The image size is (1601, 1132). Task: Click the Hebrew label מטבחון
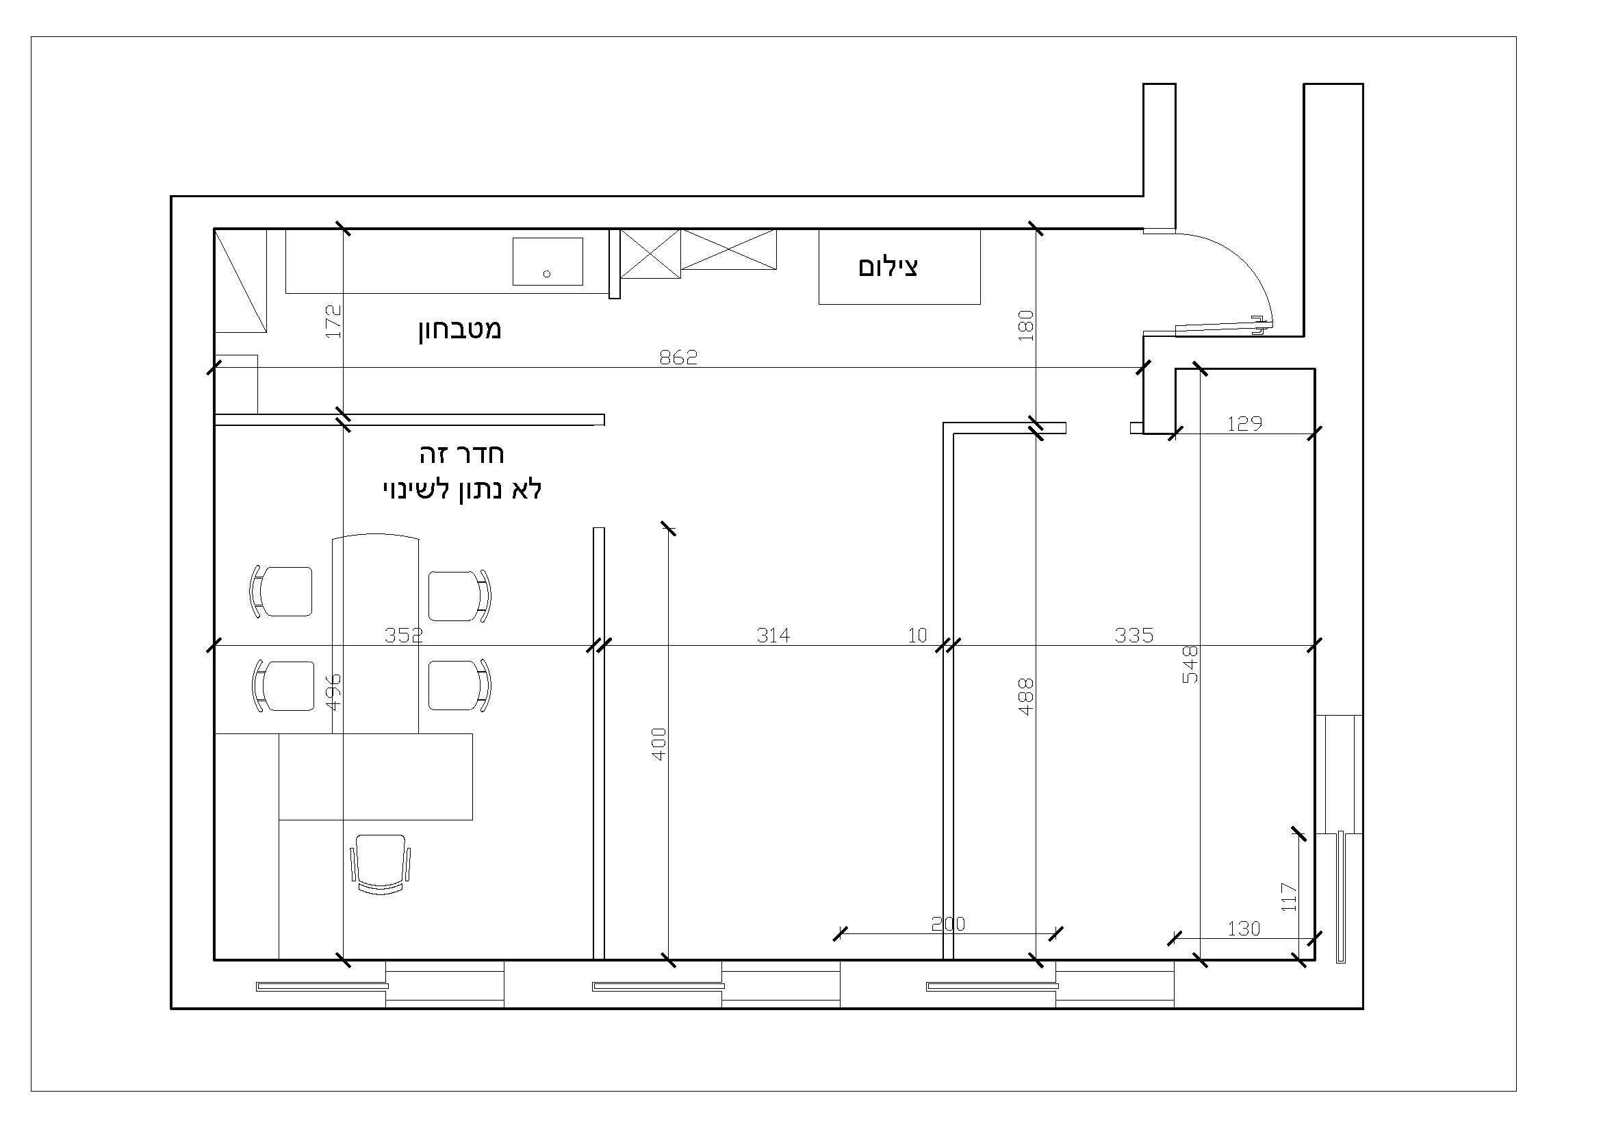click(459, 329)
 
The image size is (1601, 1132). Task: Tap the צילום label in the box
click(888, 267)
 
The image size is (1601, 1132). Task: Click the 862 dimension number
click(678, 357)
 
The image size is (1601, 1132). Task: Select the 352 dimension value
click(404, 635)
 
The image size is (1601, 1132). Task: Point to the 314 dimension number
click(773, 635)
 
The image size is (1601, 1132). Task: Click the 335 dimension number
click(1133, 635)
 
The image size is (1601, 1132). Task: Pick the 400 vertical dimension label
click(659, 744)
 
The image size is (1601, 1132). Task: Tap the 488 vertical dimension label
click(1026, 696)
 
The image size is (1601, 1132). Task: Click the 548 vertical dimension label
click(1190, 664)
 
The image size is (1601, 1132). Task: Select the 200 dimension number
click(948, 923)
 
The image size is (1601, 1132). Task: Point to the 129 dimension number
click(1244, 423)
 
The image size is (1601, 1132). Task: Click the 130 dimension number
click(1244, 929)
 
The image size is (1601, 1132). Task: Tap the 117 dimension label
click(1289, 897)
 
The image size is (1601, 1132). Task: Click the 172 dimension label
click(333, 322)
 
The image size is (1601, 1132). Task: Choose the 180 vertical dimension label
click(1026, 325)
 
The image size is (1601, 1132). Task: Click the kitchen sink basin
click(548, 261)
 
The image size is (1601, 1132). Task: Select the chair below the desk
click(380, 865)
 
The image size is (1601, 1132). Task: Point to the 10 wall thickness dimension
click(918, 635)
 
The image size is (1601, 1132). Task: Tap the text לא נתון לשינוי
click(462, 490)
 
